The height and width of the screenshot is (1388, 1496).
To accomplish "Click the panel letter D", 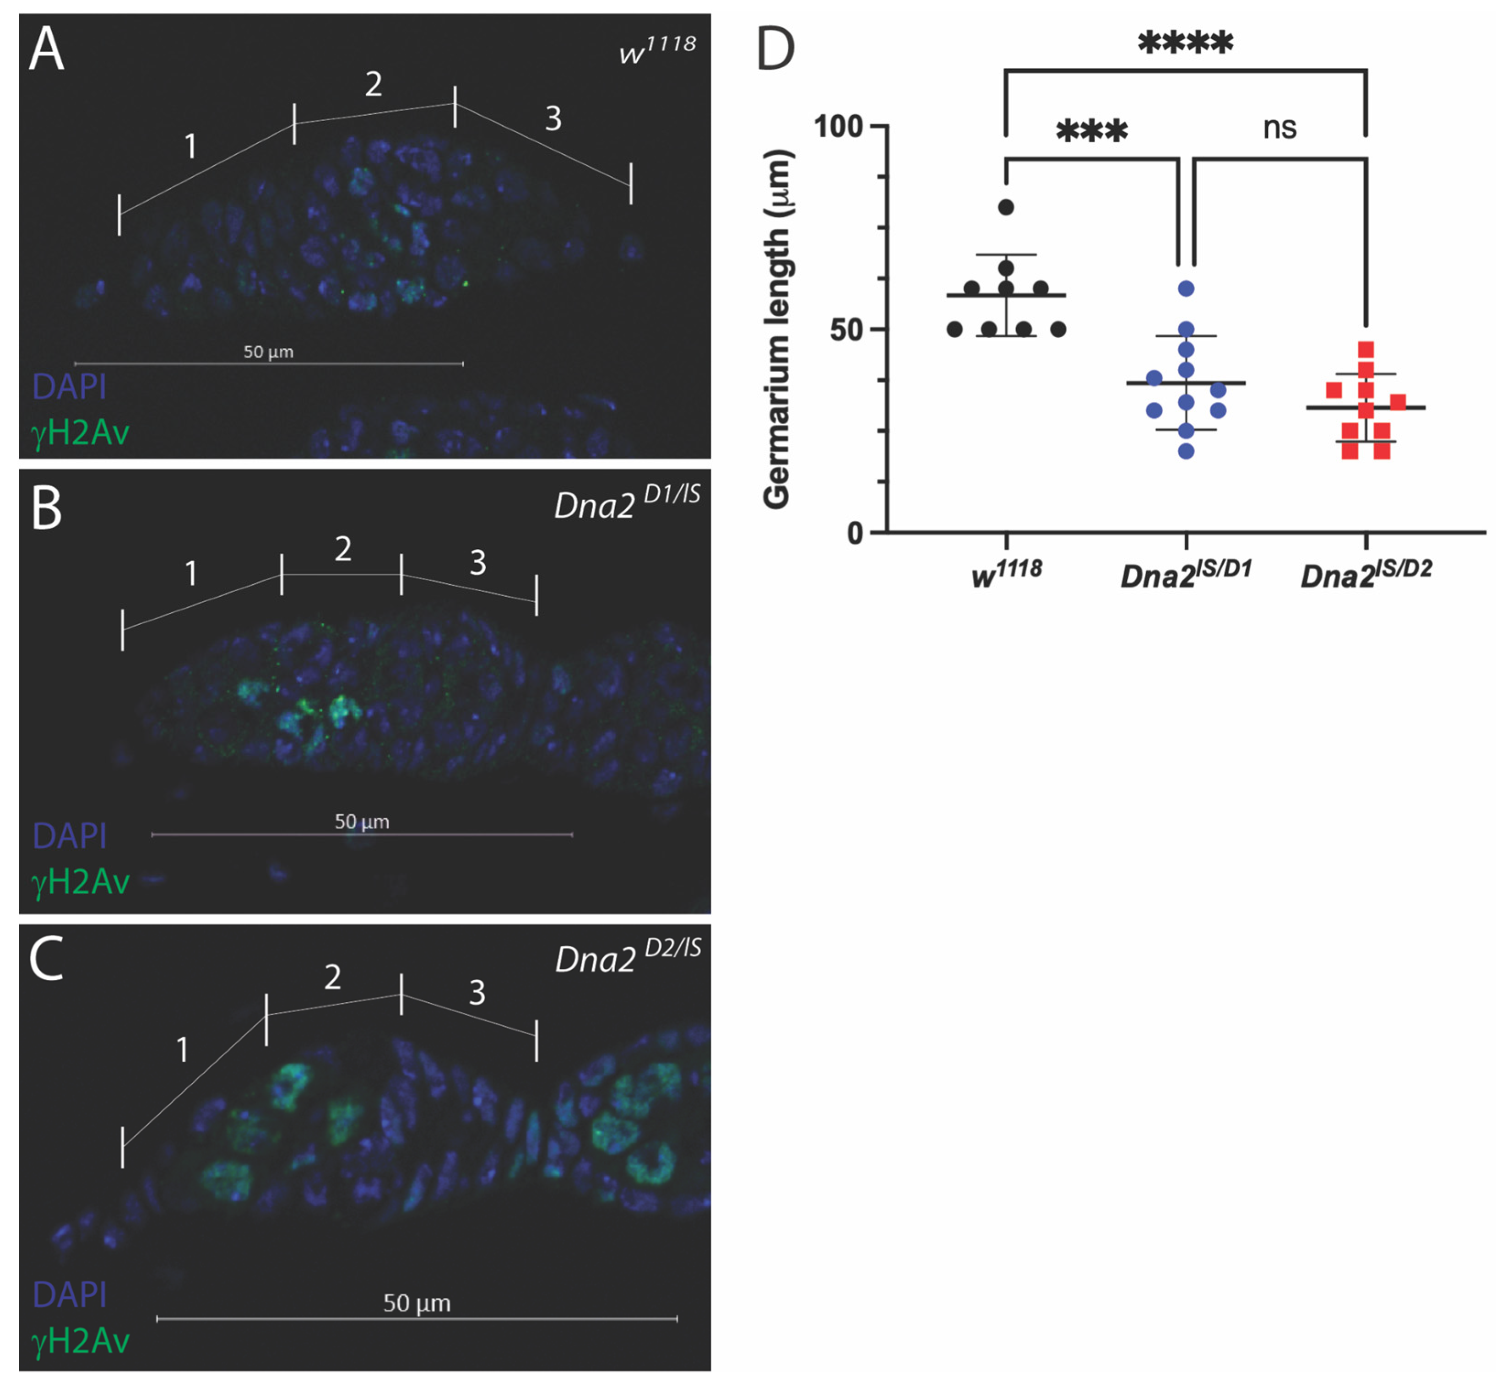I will pyautogui.click(x=775, y=49).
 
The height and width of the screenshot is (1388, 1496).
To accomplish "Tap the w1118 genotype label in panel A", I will pyautogui.click(x=657, y=51).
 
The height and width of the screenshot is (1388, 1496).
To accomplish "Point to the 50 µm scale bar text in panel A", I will pyautogui.click(x=268, y=351).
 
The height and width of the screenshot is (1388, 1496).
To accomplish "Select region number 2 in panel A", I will pyautogui.click(x=374, y=84).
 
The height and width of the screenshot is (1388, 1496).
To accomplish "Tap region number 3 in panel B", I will pyautogui.click(x=478, y=562).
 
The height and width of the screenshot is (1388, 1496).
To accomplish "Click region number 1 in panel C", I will pyautogui.click(x=182, y=1050).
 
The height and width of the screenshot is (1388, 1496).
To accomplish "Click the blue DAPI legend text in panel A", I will pyautogui.click(x=69, y=387).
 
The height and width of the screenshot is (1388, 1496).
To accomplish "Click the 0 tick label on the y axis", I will pyautogui.click(x=855, y=533).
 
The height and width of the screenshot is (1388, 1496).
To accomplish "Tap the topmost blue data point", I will pyautogui.click(x=1186, y=288).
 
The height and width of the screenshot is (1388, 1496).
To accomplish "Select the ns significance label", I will pyautogui.click(x=1279, y=128).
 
